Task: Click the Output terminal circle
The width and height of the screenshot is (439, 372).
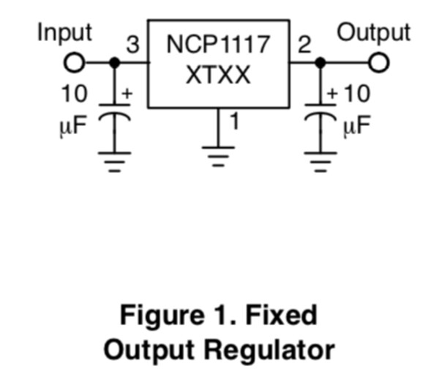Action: point(378,63)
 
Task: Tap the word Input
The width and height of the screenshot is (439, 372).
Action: point(64,33)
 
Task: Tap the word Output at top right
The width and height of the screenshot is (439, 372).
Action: point(373,33)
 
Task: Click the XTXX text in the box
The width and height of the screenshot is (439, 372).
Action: point(218,75)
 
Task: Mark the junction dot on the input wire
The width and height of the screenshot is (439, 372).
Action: point(114,63)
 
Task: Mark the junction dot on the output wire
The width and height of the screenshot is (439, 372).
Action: point(320,63)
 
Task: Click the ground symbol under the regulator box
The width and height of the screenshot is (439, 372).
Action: point(217,157)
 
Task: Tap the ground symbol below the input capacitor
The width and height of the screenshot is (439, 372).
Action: point(114,160)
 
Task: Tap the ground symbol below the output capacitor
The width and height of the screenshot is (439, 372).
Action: point(320,160)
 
